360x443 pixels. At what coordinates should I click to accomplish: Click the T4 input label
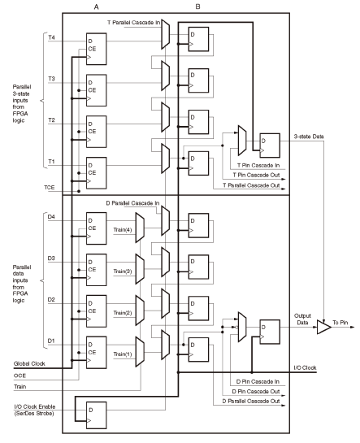click(x=51, y=38)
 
